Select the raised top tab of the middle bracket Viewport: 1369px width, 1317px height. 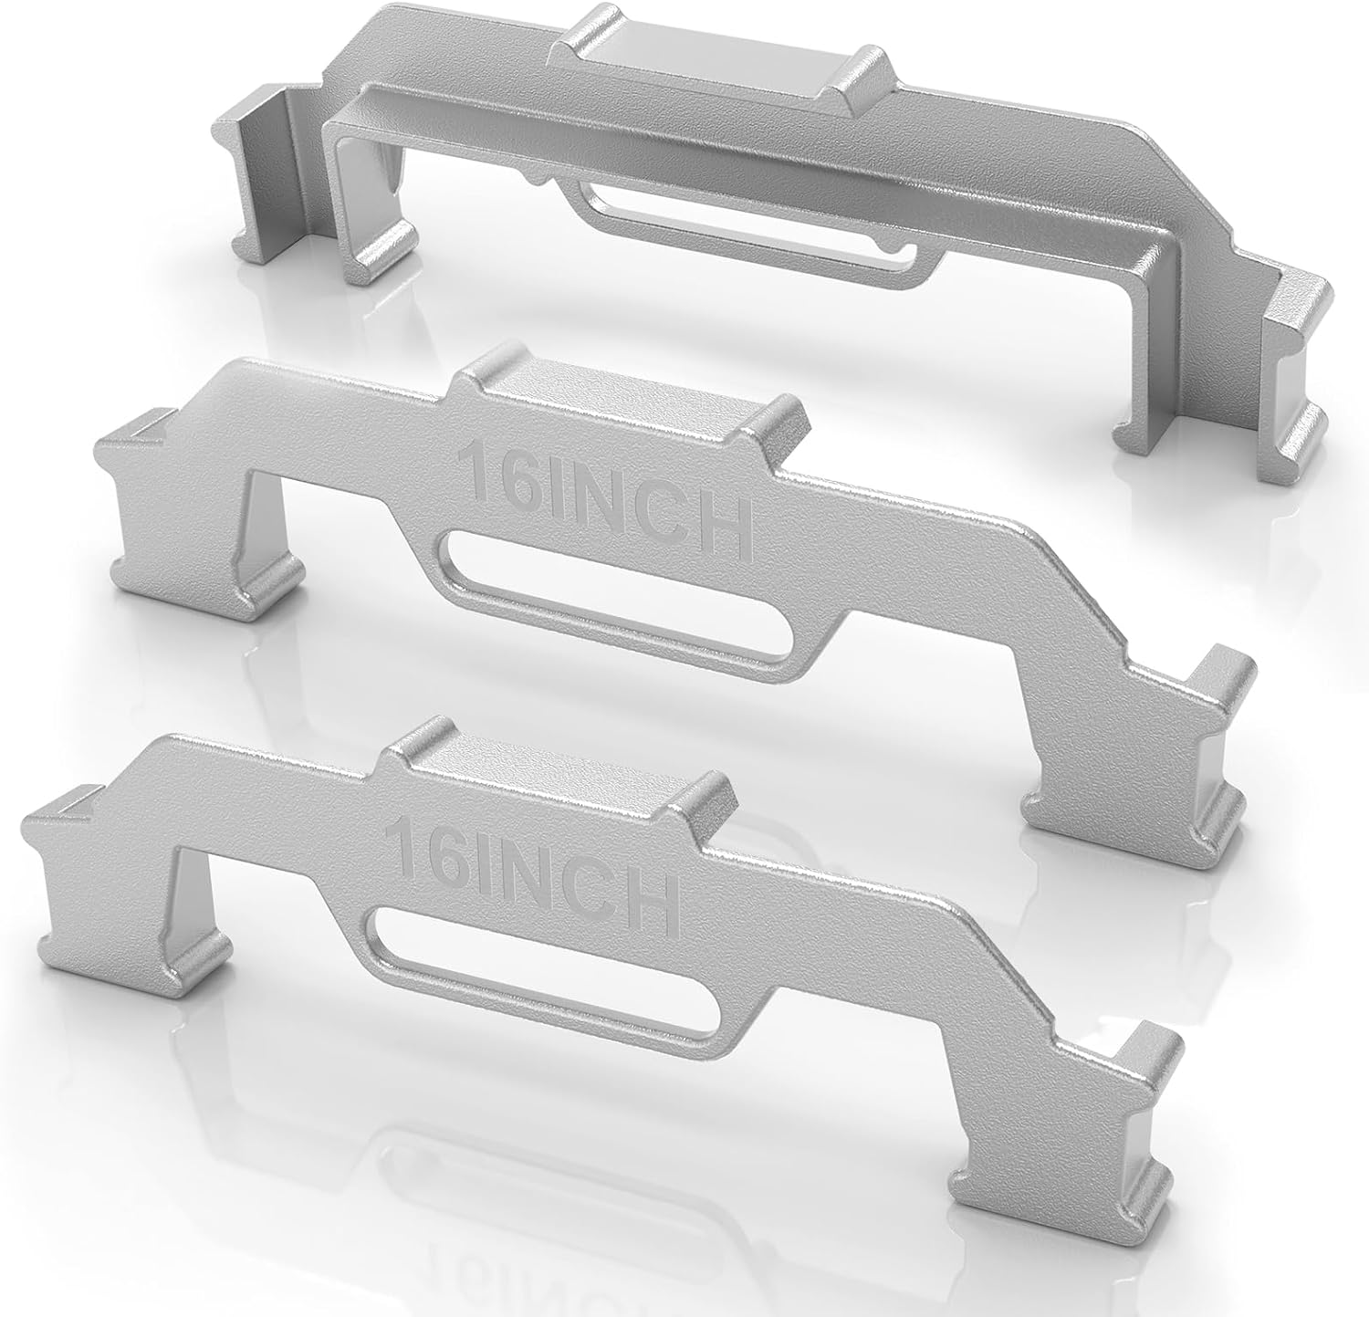(x=630, y=406)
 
